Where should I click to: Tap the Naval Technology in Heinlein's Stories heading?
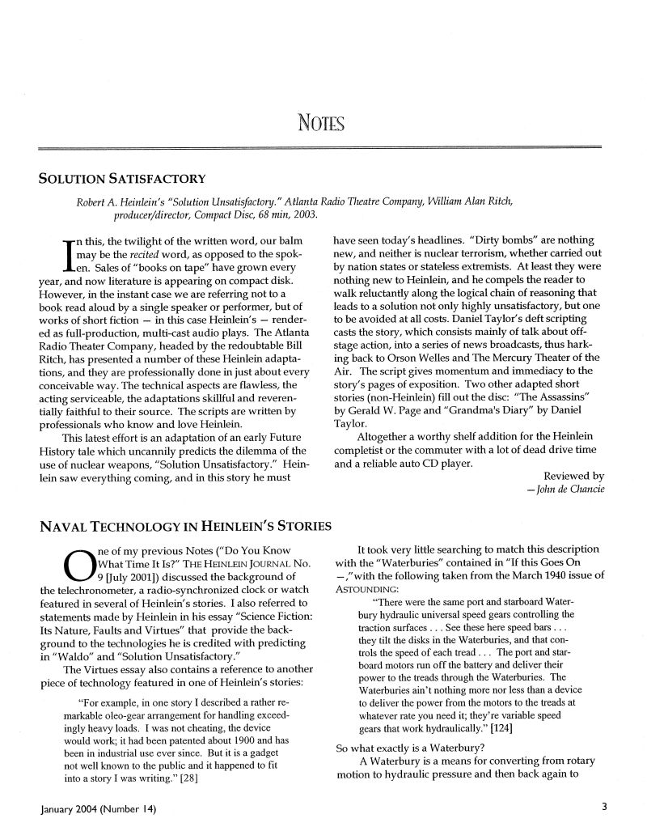(x=185, y=528)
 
